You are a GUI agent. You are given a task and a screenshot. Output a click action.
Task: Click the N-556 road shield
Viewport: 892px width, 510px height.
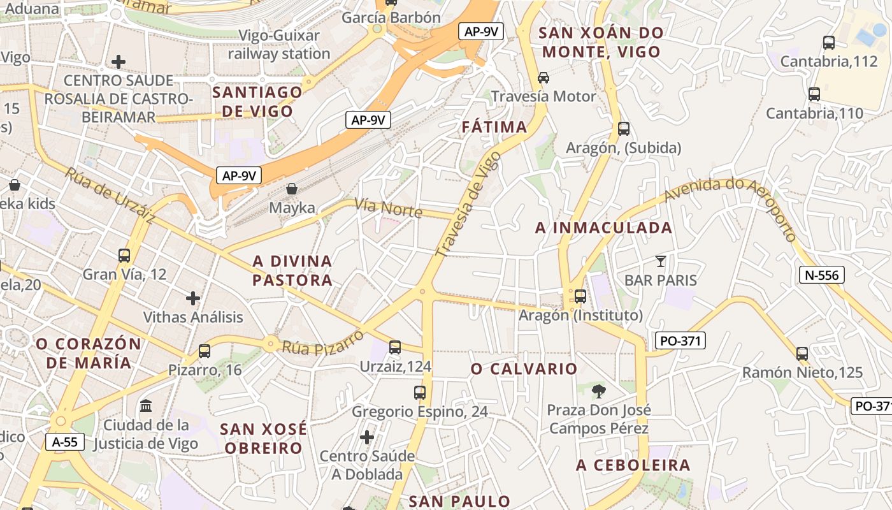[822, 275]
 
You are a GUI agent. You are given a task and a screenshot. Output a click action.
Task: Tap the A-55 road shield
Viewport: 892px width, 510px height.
[65, 441]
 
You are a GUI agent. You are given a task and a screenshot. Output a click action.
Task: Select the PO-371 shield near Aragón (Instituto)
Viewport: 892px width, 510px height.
[680, 340]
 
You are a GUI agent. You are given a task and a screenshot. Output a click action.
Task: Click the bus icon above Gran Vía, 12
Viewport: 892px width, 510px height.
[124, 256]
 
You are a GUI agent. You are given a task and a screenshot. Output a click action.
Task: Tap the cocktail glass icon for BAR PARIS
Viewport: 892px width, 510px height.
[661, 261]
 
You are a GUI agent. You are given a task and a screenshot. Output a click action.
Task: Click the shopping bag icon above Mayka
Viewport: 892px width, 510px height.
[292, 189]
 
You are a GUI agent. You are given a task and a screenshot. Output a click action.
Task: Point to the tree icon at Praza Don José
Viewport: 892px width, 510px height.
[598, 391]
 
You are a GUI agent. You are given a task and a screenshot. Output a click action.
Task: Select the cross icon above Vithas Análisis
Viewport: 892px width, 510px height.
[193, 298]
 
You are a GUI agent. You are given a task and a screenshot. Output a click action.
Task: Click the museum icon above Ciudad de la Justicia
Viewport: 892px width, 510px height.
[146, 405]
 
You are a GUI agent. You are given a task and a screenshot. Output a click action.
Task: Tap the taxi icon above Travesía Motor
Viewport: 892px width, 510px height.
[543, 78]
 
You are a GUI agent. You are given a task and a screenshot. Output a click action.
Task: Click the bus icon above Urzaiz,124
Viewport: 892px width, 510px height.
[395, 347]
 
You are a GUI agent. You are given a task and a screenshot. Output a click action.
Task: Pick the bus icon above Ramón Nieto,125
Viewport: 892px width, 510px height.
[802, 353]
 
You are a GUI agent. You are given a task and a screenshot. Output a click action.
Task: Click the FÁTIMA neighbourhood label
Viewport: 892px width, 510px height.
[494, 127]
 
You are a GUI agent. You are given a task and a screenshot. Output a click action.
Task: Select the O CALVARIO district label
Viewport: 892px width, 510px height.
[524, 368]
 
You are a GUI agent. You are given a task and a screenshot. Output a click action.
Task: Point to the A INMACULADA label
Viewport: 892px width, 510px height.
[603, 228]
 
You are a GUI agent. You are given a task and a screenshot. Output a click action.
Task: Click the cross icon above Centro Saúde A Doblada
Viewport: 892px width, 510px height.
[367, 437]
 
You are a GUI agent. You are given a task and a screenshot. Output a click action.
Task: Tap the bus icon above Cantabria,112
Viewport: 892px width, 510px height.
[829, 43]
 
